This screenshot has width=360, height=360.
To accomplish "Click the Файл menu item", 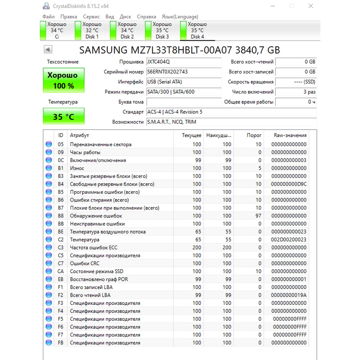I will pyautogui.click(x=49, y=17).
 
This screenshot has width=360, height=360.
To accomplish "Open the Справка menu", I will pyautogui.click(x=147, y=17).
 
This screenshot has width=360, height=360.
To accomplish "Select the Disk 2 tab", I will pyautogui.click(x=127, y=31).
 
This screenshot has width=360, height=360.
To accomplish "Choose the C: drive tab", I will pyautogui.click(x=57, y=31).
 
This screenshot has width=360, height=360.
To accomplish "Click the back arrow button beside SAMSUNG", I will pyautogui.click(x=48, y=50).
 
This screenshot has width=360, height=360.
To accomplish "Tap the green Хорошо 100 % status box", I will pyautogui.click(x=64, y=80).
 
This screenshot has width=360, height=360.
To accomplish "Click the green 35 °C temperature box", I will pyautogui.click(x=64, y=117).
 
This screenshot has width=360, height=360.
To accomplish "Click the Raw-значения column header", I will pyautogui.click(x=290, y=135).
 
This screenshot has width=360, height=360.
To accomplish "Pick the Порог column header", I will pyautogui.click(x=254, y=135).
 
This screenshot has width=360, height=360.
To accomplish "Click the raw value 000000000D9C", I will pyautogui.click(x=289, y=184).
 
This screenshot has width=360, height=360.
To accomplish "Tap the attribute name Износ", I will pyautogui.click(x=77, y=168).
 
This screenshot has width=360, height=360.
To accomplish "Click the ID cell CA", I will pyautogui.click(x=60, y=271).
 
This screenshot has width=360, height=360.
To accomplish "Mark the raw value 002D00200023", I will pyautogui.click(x=289, y=240).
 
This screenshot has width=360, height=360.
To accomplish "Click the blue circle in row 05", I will pyautogui.click(x=49, y=145).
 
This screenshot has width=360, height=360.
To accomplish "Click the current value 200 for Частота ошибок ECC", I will pyautogui.click(x=197, y=248).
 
